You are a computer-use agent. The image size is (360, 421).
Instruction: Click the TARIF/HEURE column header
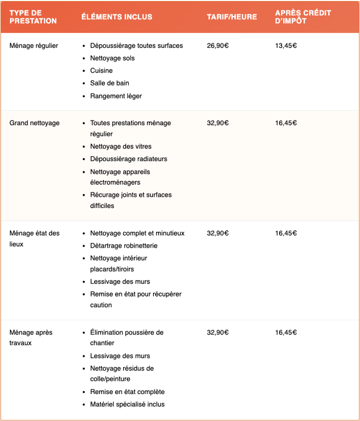coord(231,17)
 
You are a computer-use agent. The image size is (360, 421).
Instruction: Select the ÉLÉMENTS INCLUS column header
coord(116,17)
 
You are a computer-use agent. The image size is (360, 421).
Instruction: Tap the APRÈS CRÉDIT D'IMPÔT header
coord(303,17)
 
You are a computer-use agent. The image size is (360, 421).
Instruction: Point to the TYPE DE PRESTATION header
coord(33,17)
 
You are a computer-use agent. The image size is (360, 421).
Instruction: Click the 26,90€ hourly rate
coord(218,46)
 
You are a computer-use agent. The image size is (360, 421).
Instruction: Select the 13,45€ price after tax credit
coord(286,46)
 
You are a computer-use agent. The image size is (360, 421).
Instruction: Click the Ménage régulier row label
coord(34,46)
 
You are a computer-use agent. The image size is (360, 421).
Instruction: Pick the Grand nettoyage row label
coord(35,123)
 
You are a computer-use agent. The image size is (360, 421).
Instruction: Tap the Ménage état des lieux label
coord(35,238)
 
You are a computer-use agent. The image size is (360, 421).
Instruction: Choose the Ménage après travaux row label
coord(31,338)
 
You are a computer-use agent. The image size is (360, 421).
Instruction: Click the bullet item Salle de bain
coord(109,83)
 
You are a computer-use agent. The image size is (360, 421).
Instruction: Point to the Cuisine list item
coord(101,71)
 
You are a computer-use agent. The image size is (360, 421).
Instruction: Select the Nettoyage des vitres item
coord(121,146)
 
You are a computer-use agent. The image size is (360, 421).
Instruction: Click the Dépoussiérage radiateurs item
coord(129,159)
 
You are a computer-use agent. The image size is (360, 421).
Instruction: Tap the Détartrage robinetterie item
coord(124,246)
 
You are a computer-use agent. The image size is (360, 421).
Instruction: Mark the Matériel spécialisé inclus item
coord(127,405)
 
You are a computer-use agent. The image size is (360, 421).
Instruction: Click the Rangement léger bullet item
coord(116,96)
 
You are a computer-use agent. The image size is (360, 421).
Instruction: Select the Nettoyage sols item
coord(112,58)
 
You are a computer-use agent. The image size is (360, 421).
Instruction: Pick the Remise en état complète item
coord(127,392)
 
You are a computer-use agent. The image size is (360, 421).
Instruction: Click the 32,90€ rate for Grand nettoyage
coord(218,123)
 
